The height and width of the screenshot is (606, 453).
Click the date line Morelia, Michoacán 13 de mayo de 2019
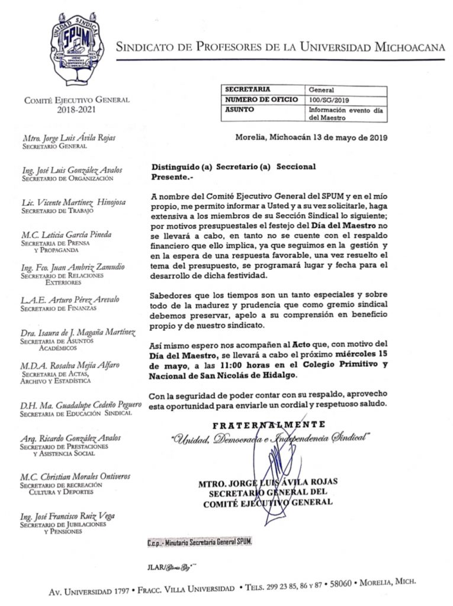(311, 138)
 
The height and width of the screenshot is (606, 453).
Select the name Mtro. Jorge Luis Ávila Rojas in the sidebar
(69, 138)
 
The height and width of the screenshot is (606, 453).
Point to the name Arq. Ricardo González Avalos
(70, 438)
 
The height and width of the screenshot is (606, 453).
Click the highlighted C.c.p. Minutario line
(199, 543)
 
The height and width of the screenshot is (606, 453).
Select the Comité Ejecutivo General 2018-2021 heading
(76, 105)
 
